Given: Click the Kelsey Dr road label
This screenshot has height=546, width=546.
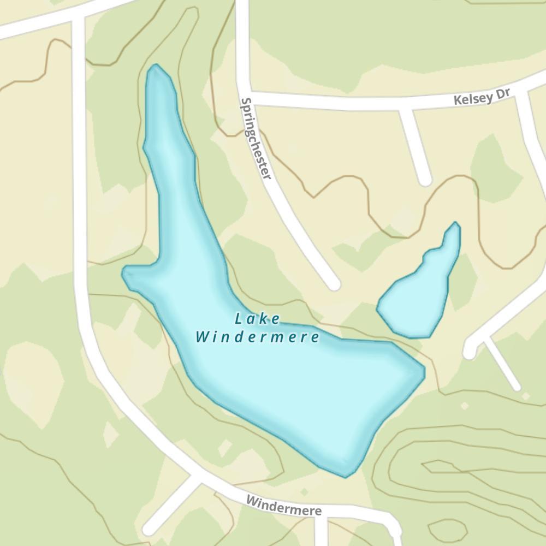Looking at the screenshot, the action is tap(481, 97).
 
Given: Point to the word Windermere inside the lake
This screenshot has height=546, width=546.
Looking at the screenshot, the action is tap(257, 337).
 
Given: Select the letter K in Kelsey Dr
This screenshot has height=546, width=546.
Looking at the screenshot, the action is tap(457, 101).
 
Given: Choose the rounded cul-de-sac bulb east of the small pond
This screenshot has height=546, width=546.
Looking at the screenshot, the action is tap(469, 351).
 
